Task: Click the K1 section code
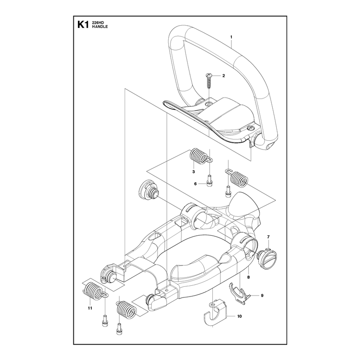point(83,25)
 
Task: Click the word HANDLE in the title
point(100,27)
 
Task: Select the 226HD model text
point(98,23)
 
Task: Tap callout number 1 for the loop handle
point(231,37)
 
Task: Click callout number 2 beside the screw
point(224,76)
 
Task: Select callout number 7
point(268,237)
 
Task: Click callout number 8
point(248,277)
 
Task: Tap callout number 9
point(262,296)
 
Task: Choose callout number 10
point(239,316)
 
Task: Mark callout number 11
point(90,308)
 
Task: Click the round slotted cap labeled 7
point(267,258)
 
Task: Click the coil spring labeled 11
point(93,291)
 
